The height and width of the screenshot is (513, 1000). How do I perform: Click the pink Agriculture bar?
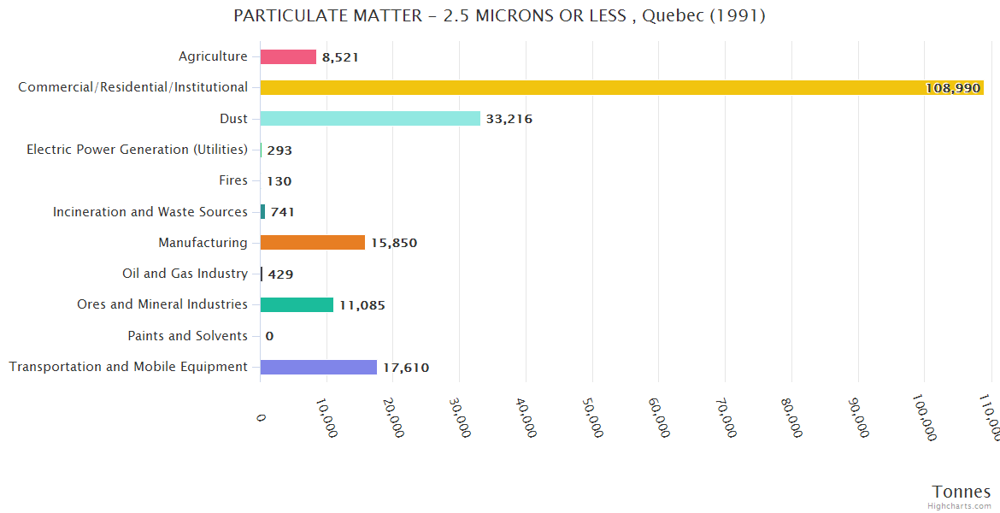click(288, 56)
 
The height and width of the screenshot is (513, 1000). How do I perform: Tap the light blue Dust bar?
click(370, 119)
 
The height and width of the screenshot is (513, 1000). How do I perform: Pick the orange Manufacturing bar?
click(313, 243)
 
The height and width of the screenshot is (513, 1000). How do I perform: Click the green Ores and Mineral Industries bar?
click(297, 305)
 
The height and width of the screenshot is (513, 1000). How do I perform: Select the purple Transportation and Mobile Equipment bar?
click(318, 367)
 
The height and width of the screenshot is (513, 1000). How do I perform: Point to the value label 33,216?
click(509, 119)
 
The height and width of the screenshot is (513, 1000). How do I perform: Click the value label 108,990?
click(952, 88)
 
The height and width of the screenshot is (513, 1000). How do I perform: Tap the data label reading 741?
click(282, 212)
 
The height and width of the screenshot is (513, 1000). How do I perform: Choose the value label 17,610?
click(405, 368)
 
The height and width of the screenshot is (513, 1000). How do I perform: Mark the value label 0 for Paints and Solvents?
click(269, 336)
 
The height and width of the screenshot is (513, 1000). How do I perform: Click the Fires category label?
click(233, 180)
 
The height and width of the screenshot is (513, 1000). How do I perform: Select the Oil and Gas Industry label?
click(185, 274)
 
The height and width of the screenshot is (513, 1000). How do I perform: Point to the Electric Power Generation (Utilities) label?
click(137, 150)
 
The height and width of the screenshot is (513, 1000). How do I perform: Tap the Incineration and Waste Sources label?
click(150, 212)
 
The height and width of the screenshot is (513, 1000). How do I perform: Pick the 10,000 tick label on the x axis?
click(326, 417)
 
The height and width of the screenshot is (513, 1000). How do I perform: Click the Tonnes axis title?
click(961, 492)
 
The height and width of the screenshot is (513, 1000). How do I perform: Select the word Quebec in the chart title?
click(670, 15)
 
